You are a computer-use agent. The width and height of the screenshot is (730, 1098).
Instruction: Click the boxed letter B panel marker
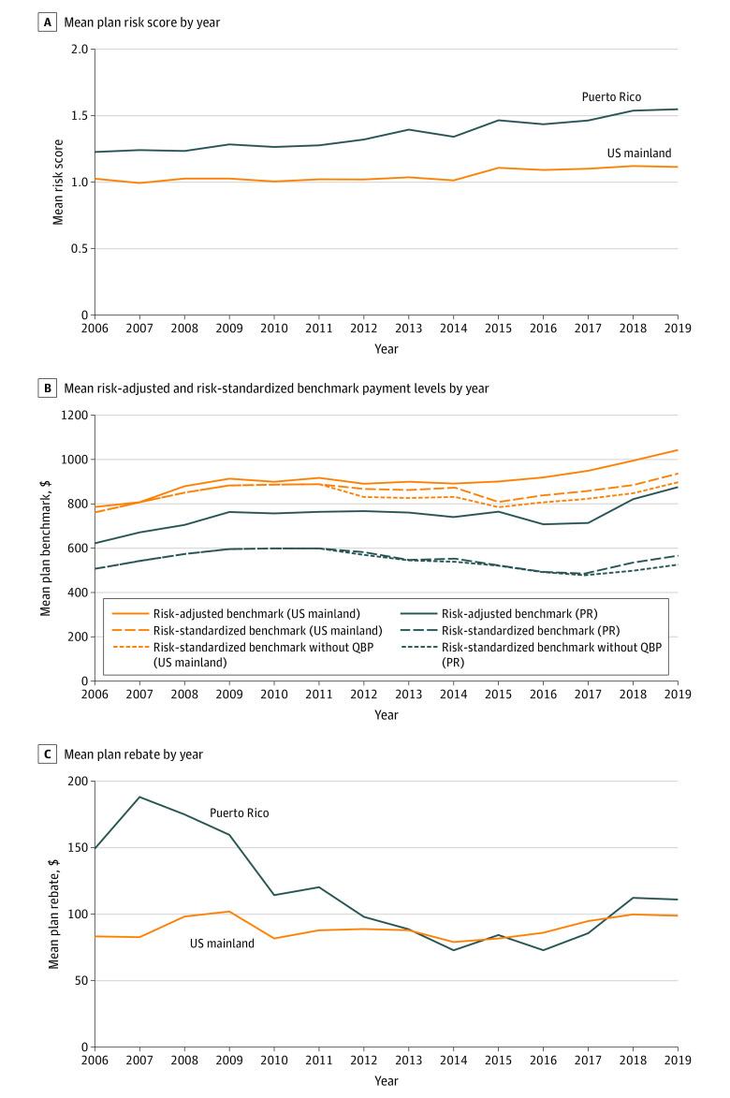(44, 388)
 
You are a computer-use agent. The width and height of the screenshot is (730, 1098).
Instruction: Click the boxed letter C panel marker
(44, 754)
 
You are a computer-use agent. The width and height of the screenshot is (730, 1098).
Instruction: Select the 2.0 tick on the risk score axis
(79, 50)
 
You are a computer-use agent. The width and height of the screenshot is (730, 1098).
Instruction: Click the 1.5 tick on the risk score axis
(79, 116)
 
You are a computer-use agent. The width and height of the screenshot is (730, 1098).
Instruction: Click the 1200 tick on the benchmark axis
(73, 416)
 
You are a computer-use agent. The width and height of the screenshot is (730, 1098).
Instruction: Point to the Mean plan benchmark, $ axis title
(45, 549)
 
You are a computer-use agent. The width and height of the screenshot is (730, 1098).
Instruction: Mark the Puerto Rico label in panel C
(239, 813)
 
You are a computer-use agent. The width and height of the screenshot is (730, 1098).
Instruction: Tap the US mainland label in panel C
(222, 944)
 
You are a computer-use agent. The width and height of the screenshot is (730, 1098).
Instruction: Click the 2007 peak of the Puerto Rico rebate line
(140, 797)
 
